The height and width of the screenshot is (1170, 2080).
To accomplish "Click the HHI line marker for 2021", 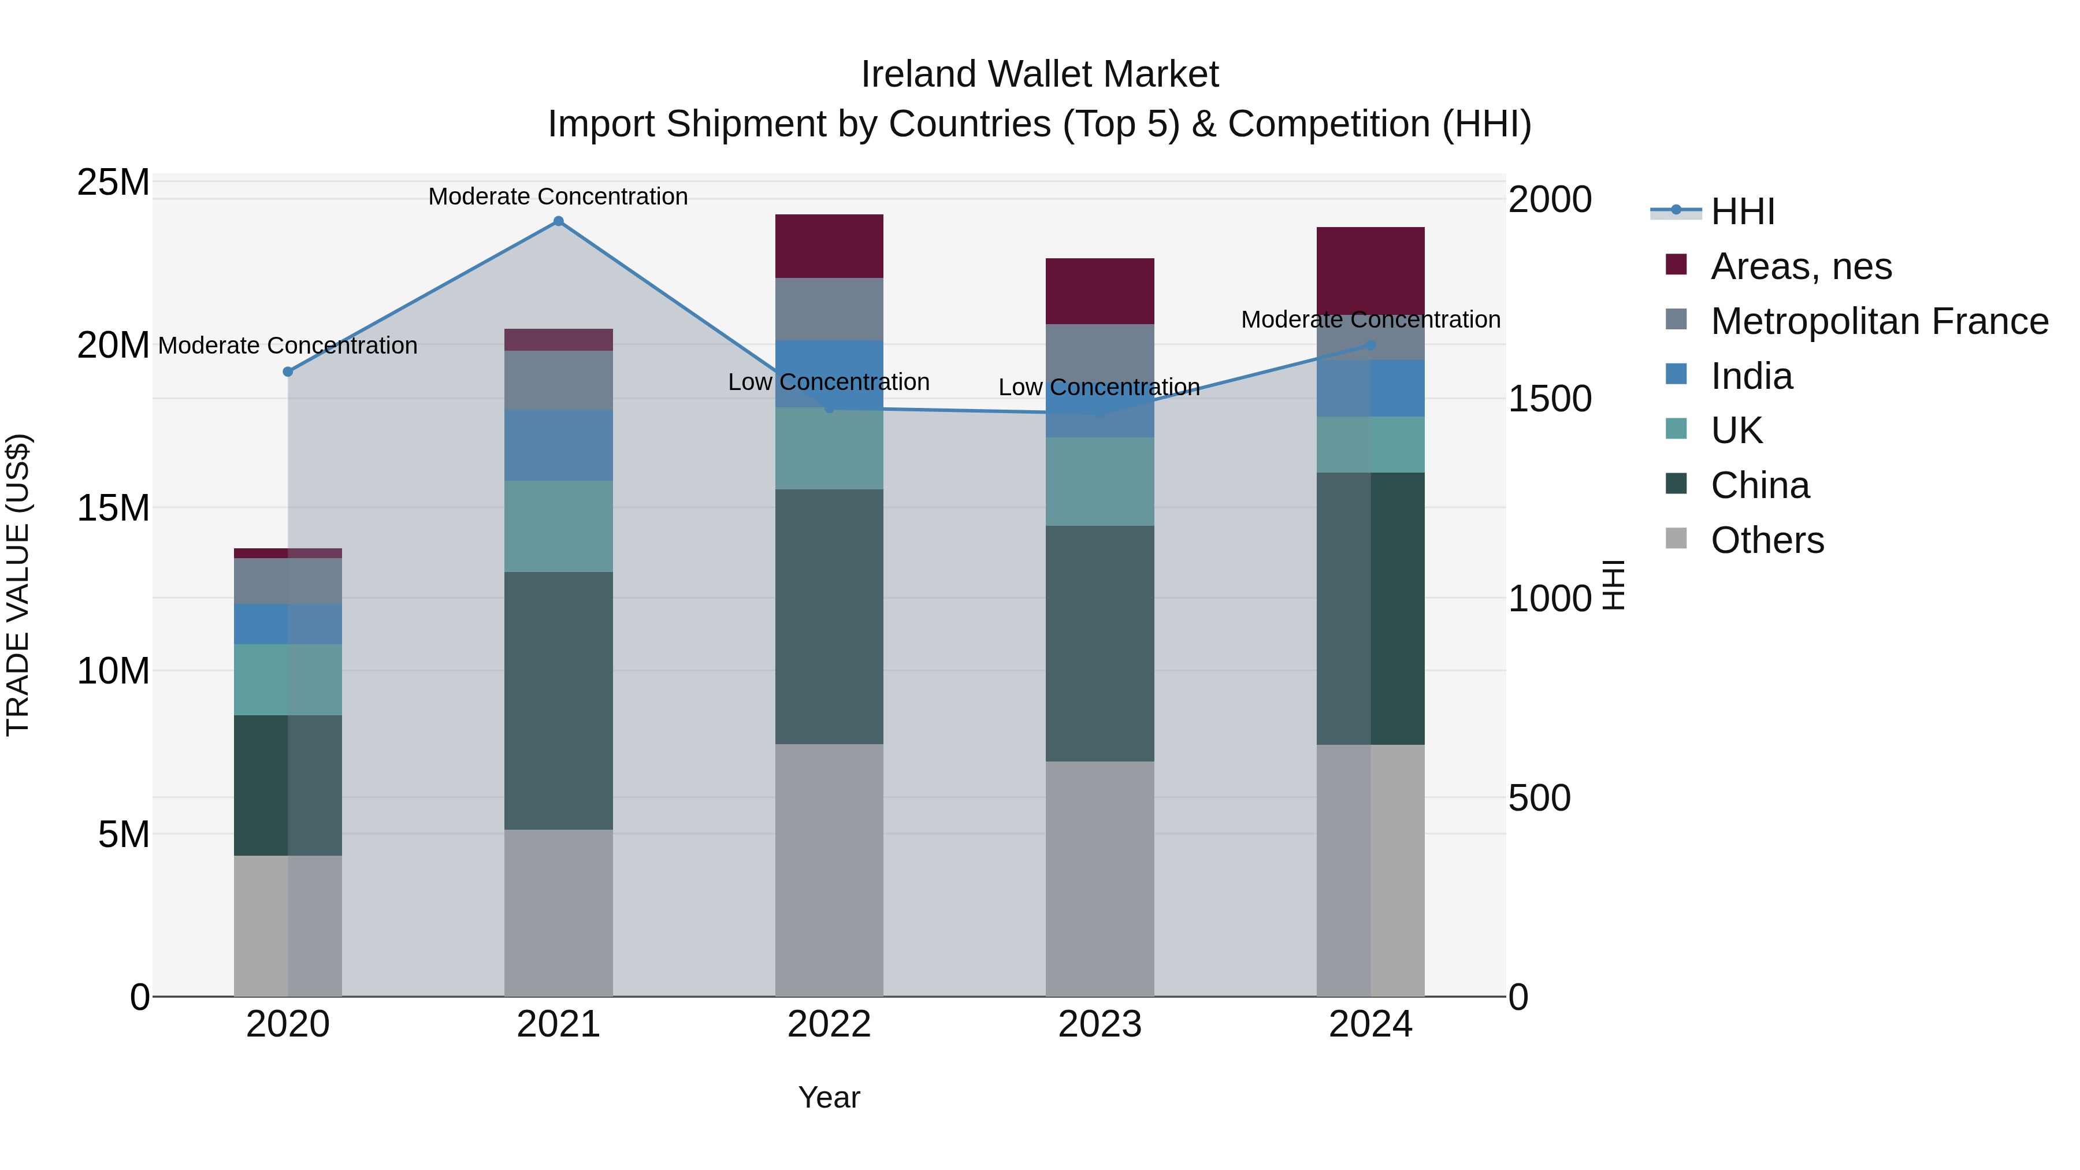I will coord(558,221).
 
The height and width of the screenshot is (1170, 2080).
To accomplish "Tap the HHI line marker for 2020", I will coord(288,372).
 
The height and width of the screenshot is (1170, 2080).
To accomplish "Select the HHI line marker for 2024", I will coord(1370,345).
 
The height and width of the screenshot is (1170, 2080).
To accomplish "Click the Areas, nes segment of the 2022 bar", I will coord(829,246).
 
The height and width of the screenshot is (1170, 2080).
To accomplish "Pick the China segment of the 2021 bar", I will coord(558,700).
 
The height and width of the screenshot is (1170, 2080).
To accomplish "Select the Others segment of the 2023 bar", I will coord(1099,878).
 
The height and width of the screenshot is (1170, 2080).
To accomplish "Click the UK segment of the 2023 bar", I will coord(1099,481).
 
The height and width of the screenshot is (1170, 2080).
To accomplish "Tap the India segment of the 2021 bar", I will coord(558,445).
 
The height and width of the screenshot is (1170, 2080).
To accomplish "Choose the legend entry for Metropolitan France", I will coord(1879,321).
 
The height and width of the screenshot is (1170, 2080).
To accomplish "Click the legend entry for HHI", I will coord(1743,211).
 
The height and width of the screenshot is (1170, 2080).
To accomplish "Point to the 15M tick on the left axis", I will coord(113,508).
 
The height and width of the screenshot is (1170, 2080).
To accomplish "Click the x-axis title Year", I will coord(829,1097).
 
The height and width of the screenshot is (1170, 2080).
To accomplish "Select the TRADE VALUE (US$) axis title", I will coord(18,585).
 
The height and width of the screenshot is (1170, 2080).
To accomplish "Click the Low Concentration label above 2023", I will coord(1099,388).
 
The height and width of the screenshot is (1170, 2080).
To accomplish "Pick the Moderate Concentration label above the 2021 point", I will coord(558,196).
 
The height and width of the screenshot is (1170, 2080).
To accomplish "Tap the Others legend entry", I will coord(1767,540).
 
